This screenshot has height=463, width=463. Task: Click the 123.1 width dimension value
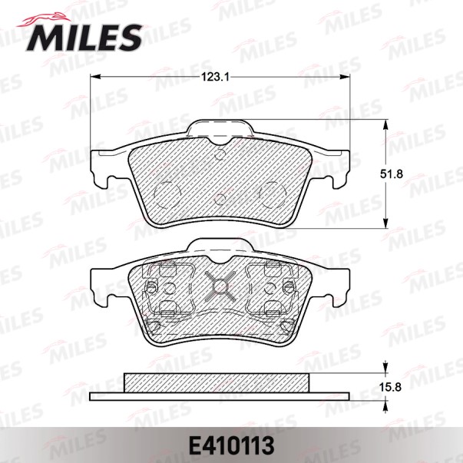point(216,78)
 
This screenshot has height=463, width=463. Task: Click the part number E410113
point(231,446)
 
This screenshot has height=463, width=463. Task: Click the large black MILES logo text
point(84,38)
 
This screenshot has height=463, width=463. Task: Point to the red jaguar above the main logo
point(45,19)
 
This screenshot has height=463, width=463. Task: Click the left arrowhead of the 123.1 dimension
point(95,77)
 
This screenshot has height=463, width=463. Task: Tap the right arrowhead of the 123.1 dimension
point(344,77)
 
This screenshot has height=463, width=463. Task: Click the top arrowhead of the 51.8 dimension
point(385,125)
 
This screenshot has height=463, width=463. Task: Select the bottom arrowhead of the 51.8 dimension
point(385,223)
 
